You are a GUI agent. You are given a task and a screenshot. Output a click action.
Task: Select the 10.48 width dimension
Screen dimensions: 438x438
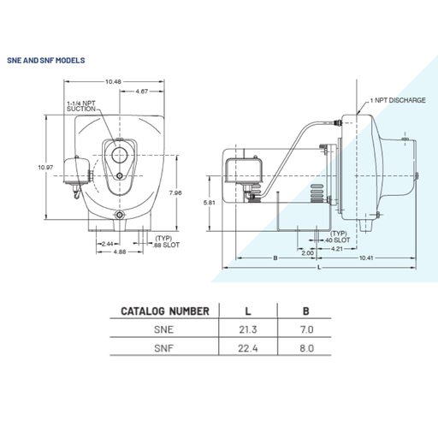tap(113, 81)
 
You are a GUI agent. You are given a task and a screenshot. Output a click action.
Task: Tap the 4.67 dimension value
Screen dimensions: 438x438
tap(143, 90)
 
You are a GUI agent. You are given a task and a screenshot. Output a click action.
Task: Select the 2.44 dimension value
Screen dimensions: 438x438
tap(108, 244)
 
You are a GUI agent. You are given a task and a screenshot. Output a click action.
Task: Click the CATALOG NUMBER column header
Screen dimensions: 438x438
tap(163, 311)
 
